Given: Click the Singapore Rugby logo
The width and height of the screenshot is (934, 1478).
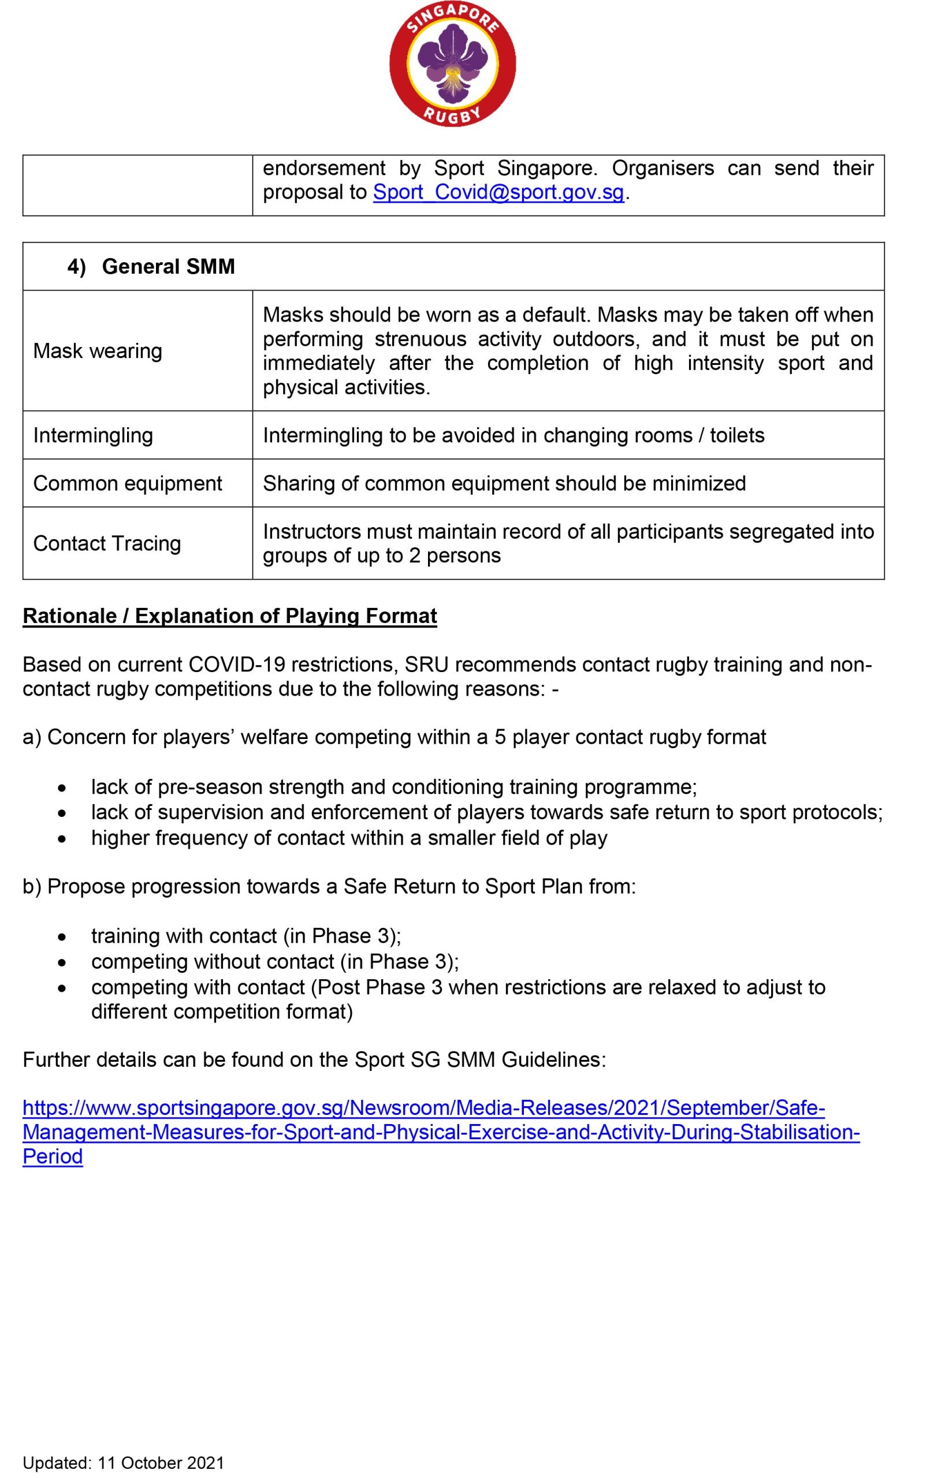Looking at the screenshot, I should (x=453, y=64).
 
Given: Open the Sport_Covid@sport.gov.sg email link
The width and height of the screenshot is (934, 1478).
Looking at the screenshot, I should (x=498, y=193).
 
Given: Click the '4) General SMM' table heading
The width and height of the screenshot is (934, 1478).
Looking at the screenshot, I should (x=151, y=266).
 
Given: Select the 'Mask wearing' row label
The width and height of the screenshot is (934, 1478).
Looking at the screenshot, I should (x=98, y=351).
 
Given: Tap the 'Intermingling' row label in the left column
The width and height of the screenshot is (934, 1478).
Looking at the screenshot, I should (x=93, y=435).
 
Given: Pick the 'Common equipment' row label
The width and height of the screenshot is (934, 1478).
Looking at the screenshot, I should (x=127, y=483).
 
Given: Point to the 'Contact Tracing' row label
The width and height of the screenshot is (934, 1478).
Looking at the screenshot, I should (x=107, y=543).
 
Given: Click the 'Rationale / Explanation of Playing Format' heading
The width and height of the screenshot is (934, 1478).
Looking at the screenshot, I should (x=230, y=615).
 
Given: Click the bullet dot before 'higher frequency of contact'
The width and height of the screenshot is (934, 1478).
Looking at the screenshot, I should (x=61, y=839).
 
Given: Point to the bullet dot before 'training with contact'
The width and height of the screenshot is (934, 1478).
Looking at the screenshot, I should (x=61, y=937).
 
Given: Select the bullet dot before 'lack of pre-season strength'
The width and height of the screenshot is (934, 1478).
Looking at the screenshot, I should (x=61, y=788).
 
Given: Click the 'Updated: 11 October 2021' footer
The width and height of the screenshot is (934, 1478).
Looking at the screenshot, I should (x=123, y=1462).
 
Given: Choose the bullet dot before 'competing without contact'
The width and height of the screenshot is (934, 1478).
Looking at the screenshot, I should (x=61, y=962).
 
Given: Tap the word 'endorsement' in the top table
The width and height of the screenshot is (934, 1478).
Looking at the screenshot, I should (x=323, y=168).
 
